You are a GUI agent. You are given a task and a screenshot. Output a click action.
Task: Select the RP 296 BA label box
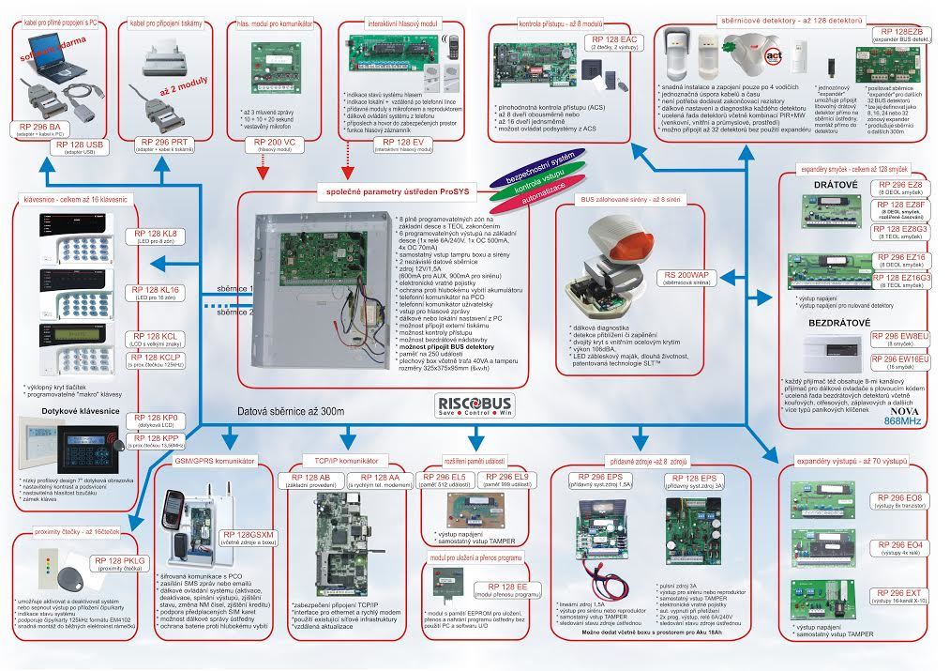(41, 129)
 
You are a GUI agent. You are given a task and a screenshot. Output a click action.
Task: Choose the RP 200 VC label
(275, 144)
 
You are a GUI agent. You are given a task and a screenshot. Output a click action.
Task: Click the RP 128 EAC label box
(614, 42)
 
